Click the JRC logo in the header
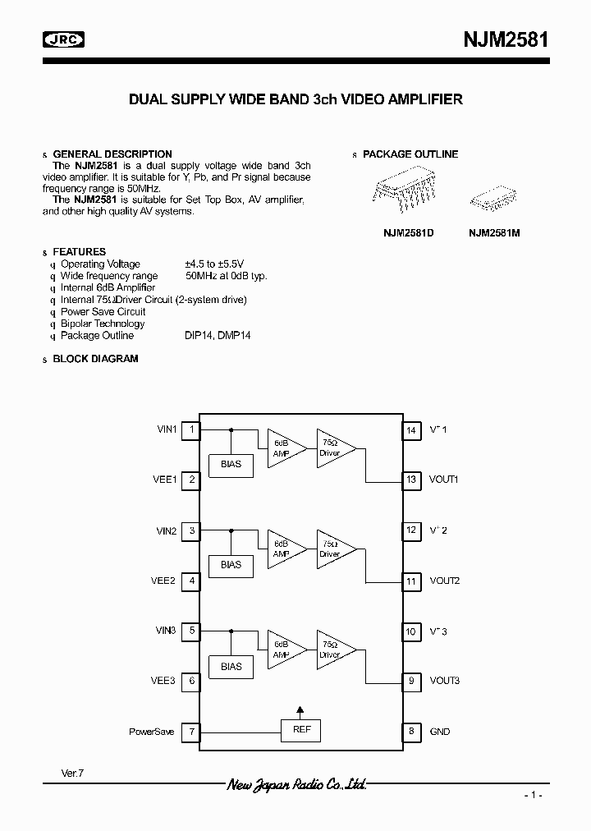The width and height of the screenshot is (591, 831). (64, 39)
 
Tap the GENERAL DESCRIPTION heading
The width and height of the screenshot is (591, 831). (112, 154)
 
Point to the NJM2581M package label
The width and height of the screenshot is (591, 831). (494, 233)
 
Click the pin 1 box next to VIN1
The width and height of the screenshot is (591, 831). (191, 429)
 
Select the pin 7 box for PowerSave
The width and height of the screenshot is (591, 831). (191, 731)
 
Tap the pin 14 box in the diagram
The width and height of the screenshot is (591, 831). (411, 429)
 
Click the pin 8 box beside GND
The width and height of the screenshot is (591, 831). (411, 731)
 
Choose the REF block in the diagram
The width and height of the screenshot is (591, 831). (301, 730)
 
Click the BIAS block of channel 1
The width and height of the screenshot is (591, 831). (231, 464)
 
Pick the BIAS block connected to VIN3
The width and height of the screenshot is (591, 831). (231, 666)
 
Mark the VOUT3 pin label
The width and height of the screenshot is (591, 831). (444, 681)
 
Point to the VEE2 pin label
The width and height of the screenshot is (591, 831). (163, 581)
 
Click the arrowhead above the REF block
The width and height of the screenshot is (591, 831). (300, 709)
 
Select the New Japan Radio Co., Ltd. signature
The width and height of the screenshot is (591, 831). (296, 785)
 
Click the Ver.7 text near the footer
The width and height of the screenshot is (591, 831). (73, 774)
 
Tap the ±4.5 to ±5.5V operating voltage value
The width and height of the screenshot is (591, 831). (214, 264)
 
